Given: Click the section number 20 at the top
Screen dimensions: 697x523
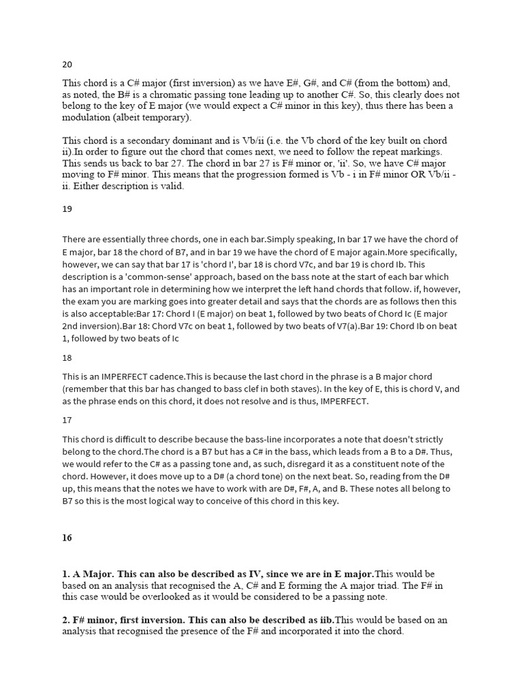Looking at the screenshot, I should coord(67,65).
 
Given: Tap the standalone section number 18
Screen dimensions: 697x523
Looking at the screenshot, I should coord(67,357).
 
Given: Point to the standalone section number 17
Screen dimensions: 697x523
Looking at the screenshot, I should coord(67,420).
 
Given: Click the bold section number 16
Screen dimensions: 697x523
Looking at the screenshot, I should coord(67,537).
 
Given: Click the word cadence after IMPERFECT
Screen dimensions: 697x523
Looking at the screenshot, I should coord(170,376).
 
